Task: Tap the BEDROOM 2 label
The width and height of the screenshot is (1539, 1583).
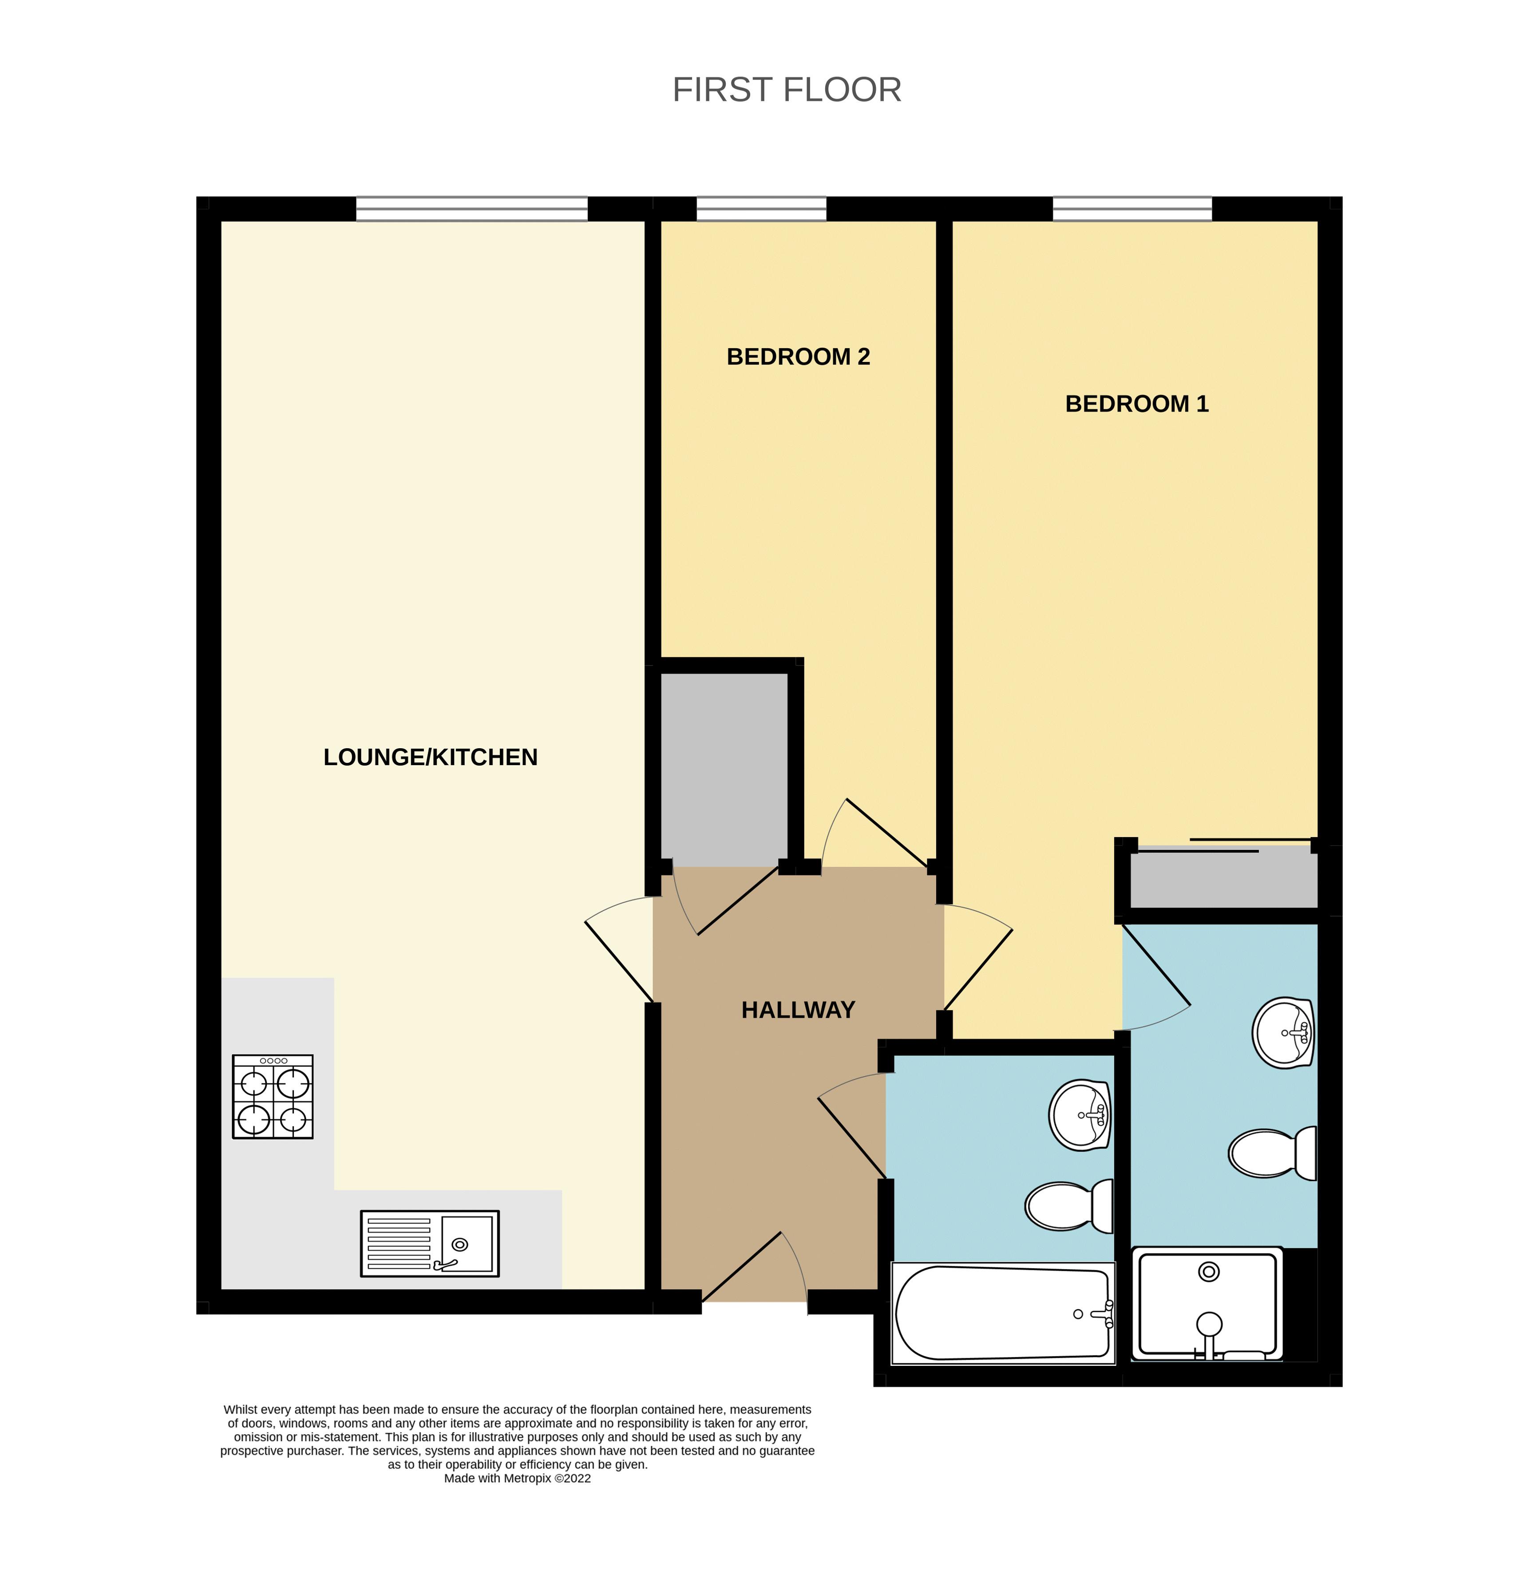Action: pos(798,357)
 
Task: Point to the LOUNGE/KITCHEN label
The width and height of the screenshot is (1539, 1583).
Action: pos(430,757)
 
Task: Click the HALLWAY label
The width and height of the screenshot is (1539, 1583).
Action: pos(798,1010)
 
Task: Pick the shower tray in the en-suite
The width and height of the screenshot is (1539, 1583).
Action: pos(1207,1303)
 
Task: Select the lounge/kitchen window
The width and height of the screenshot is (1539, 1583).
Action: pos(471,209)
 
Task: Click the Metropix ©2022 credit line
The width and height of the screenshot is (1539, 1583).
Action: pos(517,1478)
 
